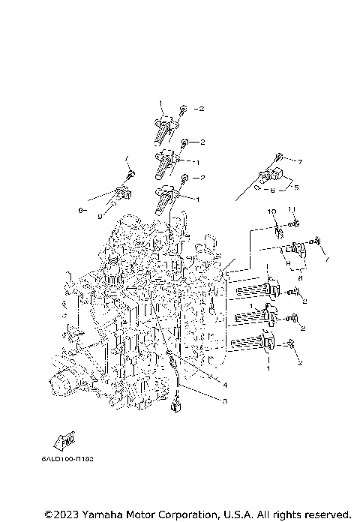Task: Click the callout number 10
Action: click(273, 211)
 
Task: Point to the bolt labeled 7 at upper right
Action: click(278, 158)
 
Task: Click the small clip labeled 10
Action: click(276, 226)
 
